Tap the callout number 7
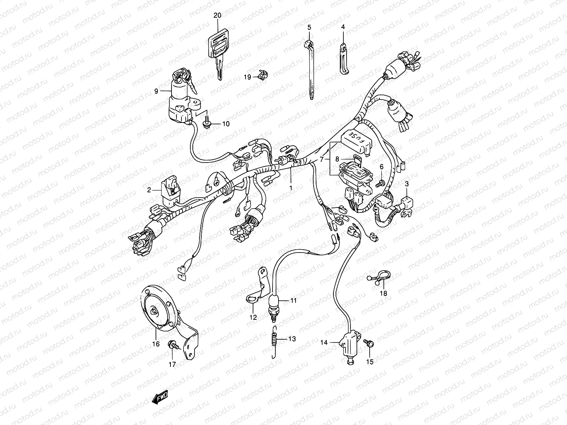[321, 159]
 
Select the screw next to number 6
[381, 182]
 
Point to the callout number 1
[291, 188]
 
